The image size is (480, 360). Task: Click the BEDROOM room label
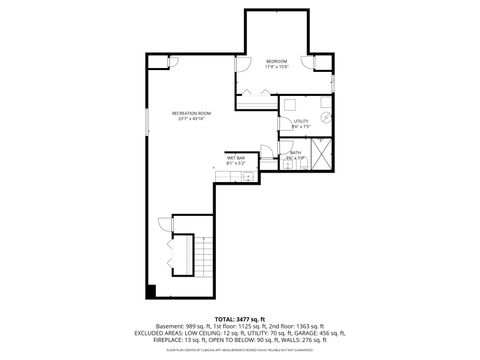click(277, 62)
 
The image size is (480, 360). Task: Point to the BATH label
click(296, 152)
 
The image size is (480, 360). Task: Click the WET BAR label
click(236, 158)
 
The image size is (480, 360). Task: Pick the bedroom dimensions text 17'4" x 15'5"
click(277, 68)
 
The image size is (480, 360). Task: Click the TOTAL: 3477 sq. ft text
click(239, 317)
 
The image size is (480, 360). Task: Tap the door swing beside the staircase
click(165, 225)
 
